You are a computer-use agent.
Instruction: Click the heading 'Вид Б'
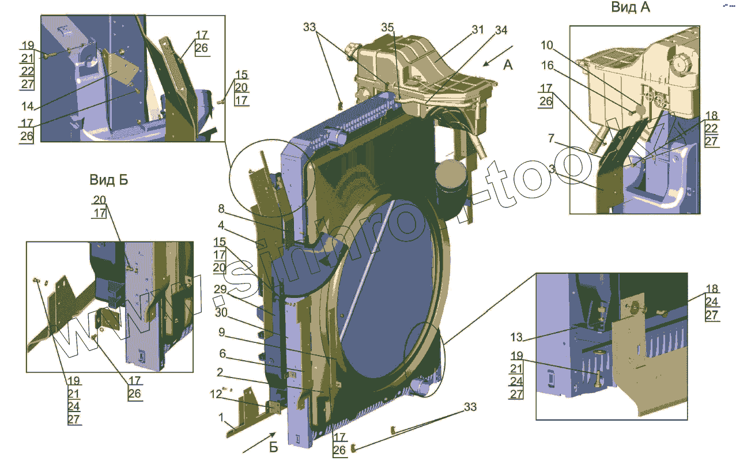108,180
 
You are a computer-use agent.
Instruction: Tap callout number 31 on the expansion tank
478,29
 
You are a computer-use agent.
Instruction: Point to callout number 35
387,28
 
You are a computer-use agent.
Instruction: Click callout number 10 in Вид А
547,45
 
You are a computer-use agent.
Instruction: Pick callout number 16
547,66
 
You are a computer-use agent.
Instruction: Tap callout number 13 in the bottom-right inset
516,337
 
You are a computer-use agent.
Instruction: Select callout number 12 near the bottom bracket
215,394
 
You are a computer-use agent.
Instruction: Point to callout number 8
221,209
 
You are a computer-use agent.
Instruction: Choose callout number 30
221,312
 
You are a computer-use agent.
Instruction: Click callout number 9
221,333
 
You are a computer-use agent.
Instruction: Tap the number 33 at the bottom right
470,407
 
